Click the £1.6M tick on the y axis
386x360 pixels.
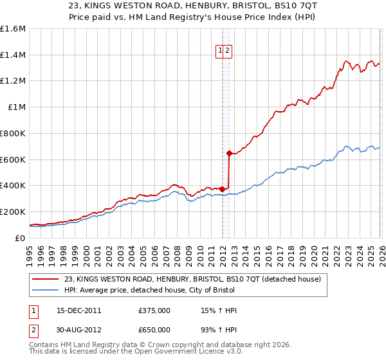(x=13, y=29)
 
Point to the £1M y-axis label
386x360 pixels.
(x=16, y=107)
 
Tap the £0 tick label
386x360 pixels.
(x=19, y=238)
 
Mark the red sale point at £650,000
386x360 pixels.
(x=228, y=153)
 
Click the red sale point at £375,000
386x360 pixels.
(x=222, y=189)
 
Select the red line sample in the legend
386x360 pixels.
(x=46, y=278)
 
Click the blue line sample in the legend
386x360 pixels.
(x=46, y=290)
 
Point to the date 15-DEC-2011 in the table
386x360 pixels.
(x=79, y=310)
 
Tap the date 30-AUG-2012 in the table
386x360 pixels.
(x=79, y=330)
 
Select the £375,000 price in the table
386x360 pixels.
(x=154, y=310)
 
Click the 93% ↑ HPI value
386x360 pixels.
(x=219, y=330)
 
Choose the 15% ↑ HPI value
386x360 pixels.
(x=219, y=310)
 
